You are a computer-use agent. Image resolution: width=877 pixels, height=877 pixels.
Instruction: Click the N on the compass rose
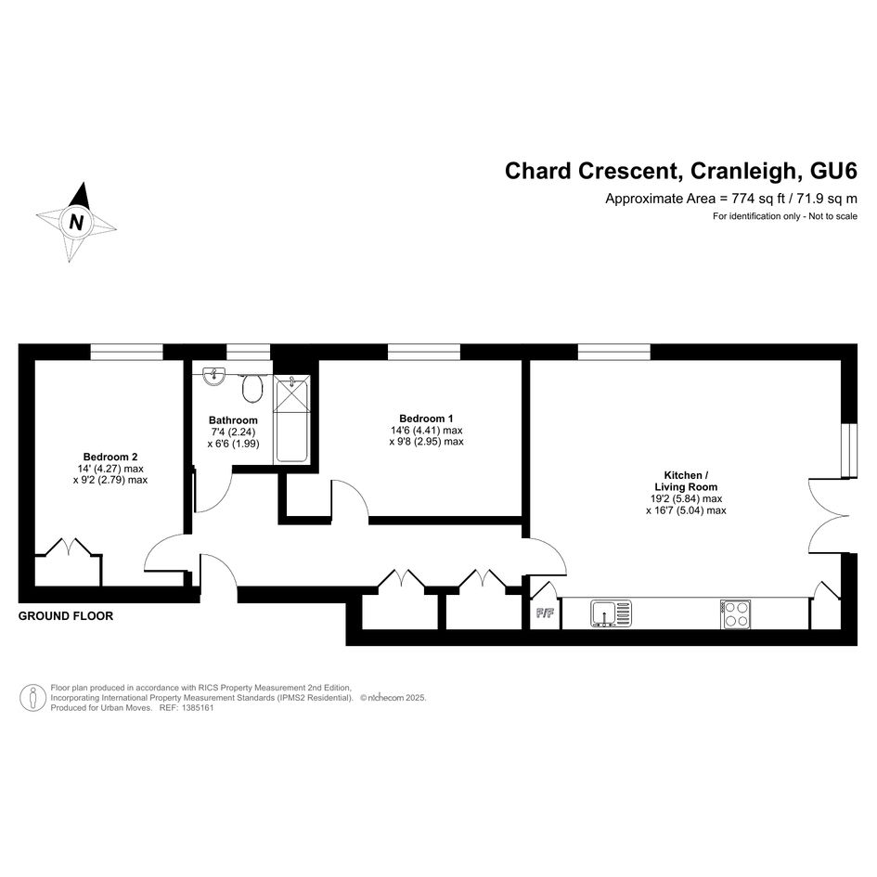pyautogui.click(x=77, y=223)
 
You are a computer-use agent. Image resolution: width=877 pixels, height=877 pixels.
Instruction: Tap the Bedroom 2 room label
pyautogui.click(x=110, y=457)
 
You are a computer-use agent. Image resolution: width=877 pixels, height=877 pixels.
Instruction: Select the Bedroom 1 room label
pyautogui.click(x=426, y=419)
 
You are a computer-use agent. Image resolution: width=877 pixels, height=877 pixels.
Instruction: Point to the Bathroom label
pyautogui.click(x=233, y=420)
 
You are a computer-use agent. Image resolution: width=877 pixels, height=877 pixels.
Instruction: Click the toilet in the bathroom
pyautogui.click(x=252, y=388)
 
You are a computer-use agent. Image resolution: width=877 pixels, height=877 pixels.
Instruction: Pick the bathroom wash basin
pyautogui.click(x=213, y=377)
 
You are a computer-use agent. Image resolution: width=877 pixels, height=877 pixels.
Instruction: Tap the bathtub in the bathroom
pyautogui.click(x=291, y=419)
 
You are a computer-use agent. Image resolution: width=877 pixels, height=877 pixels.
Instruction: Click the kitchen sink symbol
pyautogui.click(x=612, y=613)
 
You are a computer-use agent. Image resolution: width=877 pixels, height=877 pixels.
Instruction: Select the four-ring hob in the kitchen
pyautogui.click(x=736, y=614)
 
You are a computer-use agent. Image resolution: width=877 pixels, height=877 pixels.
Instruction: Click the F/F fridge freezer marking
pyautogui.click(x=545, y=613)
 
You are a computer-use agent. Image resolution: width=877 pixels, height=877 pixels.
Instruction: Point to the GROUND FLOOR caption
pyautogui.click(x=66, y=616)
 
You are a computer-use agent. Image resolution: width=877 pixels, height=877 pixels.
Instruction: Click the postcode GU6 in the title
pyautogui.click(x=833, y=171)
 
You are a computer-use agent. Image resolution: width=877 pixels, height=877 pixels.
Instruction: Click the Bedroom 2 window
pyautogui.click(x=127, y=352)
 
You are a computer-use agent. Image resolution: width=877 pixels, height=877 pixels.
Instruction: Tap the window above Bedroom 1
pyautogui.click(x=424, y=352)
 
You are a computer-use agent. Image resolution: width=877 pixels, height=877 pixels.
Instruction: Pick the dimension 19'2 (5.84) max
pyautogui.click(x=686, y=499)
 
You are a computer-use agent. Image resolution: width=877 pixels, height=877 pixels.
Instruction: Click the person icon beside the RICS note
pyautogui.click(x=33, y=698)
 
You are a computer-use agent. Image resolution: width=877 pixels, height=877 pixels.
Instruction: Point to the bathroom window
pyautogui.click(x=249, y=352)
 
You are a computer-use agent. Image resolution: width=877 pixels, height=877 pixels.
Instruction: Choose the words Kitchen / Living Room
pyautogui.click(x=686, y=481)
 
